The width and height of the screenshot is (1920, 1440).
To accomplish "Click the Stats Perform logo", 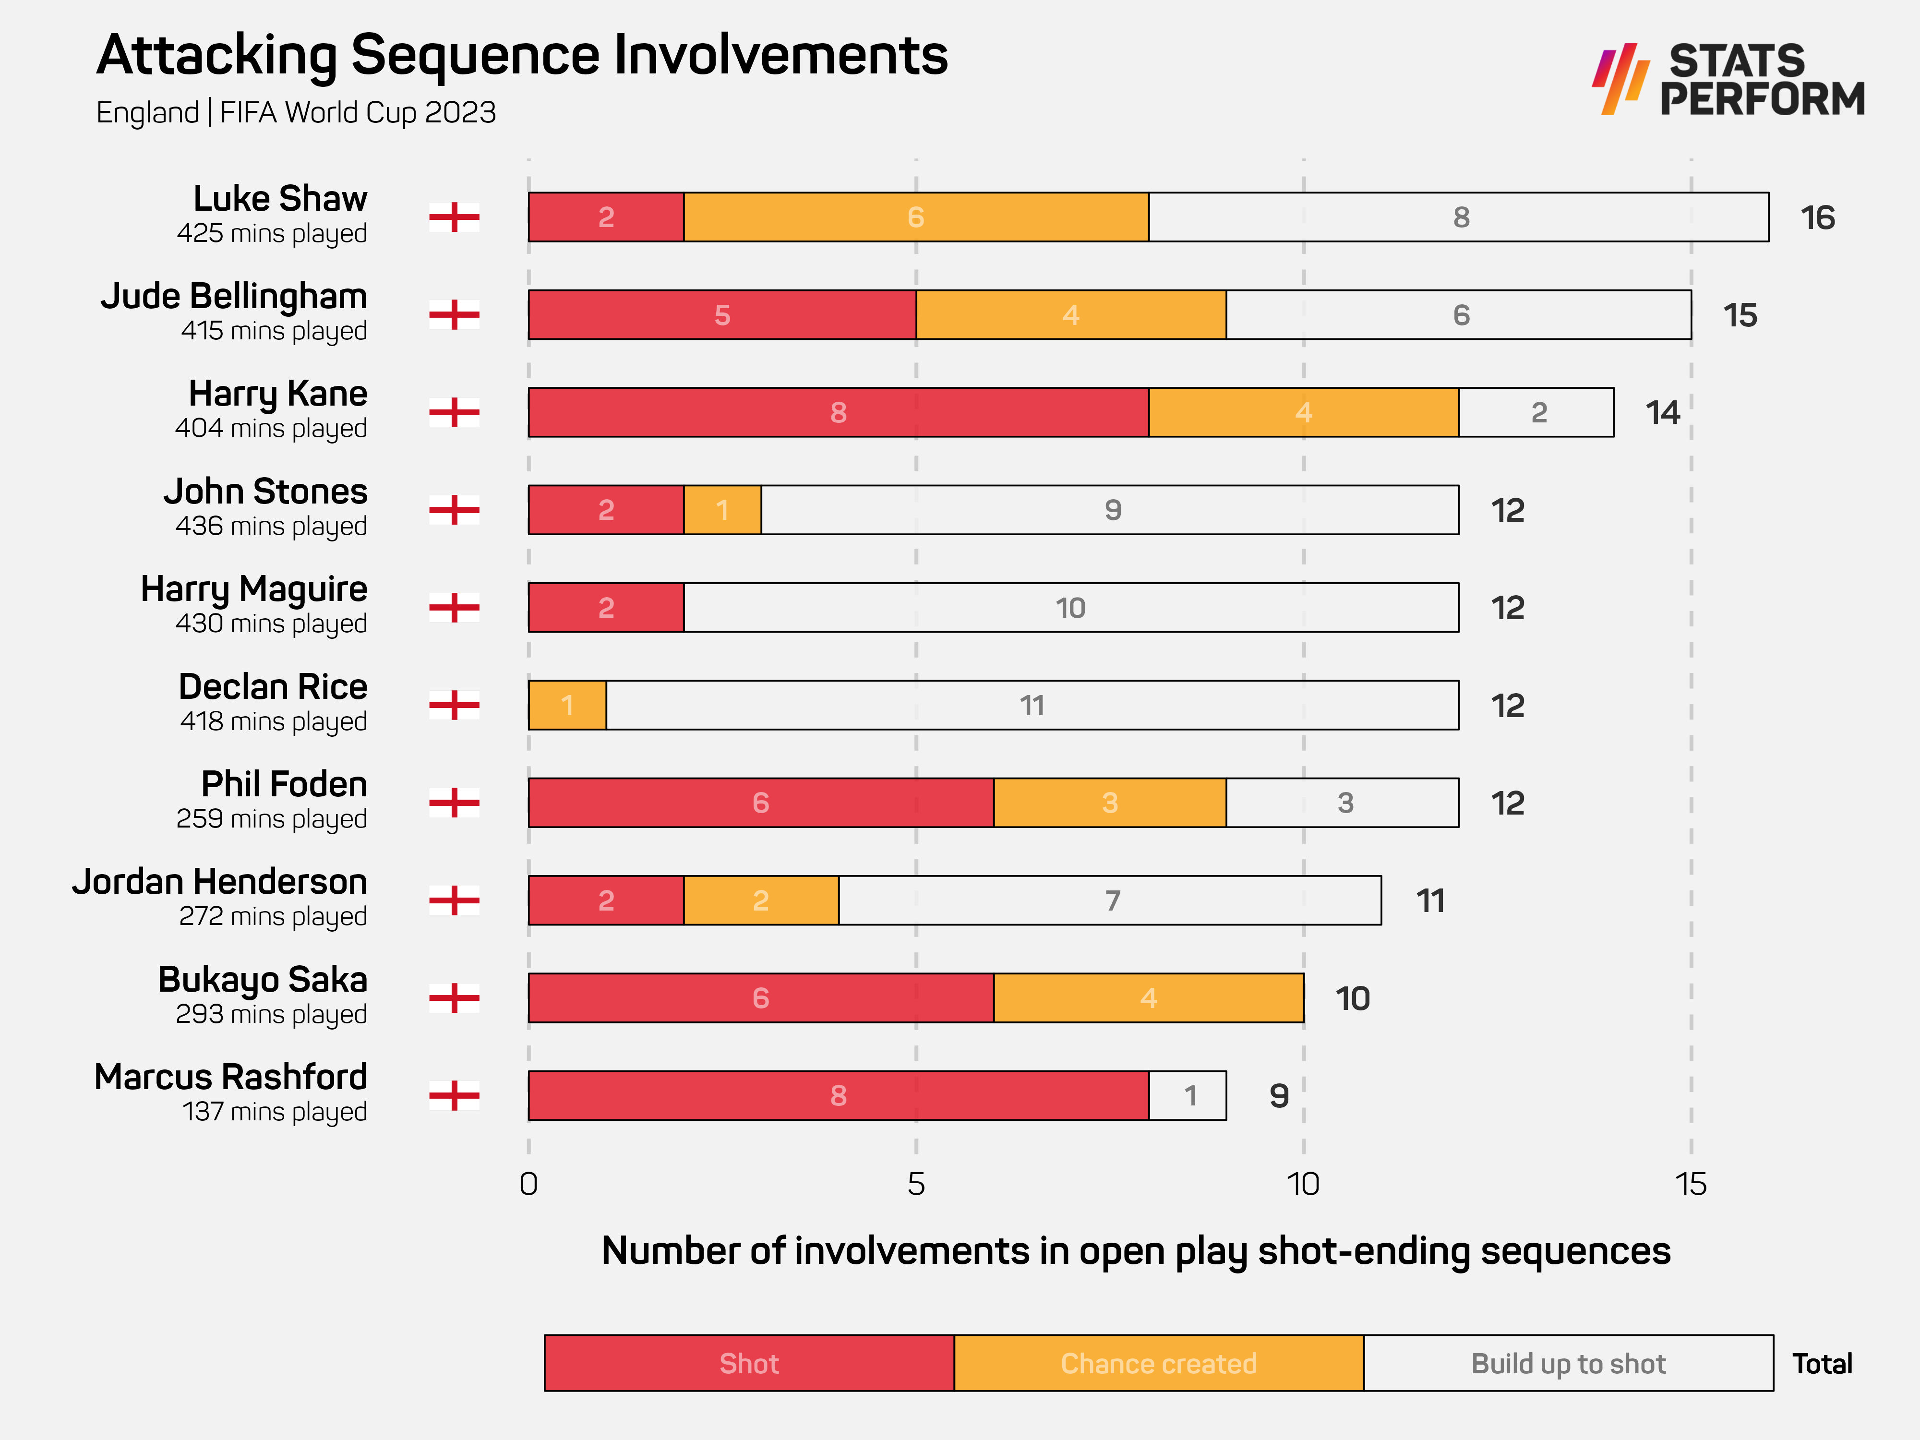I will (1728, 80).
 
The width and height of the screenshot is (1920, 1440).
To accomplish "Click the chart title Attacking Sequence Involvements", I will (522, 56).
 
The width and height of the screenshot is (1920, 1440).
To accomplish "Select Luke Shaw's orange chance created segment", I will (916, 217).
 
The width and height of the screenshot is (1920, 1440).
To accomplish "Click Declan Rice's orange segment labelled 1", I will (567, 705).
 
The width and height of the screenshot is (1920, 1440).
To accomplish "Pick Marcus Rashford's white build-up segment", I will (1188, 1095).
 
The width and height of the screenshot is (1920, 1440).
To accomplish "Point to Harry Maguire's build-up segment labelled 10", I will (1070, 608).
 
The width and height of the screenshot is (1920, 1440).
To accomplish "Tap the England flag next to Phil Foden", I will (454, 803).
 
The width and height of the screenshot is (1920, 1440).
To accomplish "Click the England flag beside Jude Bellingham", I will (454, 314).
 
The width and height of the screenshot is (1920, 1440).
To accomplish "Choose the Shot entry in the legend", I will (749, 1364).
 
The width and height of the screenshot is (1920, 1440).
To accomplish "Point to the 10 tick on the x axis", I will (1303, 1184).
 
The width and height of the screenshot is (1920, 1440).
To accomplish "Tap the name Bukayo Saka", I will (262, 979).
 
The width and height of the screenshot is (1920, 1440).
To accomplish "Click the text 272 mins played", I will (273, 917).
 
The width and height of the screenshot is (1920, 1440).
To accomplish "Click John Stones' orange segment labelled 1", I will (722, 509).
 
